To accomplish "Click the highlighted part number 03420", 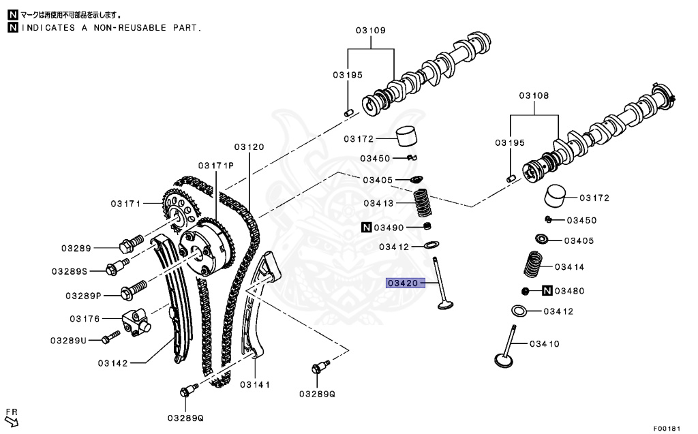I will click(x=402, y=283).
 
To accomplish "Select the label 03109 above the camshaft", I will click(x=371, y=31).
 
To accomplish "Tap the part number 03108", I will click(x=534, y=96).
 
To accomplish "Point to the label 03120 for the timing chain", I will click(x=249, y=146).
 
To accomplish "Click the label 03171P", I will click(x=216, y=166).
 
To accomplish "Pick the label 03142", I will click(x=112, y=363).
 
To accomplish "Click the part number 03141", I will click(x=255, y=384).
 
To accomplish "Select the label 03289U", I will click(x=68, y=340).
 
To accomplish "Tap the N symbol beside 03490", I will click(x=366, y=227).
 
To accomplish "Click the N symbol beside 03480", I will click(x=547, y=291).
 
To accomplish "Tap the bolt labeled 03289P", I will click(x=132, y=292).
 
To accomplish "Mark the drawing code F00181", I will click(x=667, y=429).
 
